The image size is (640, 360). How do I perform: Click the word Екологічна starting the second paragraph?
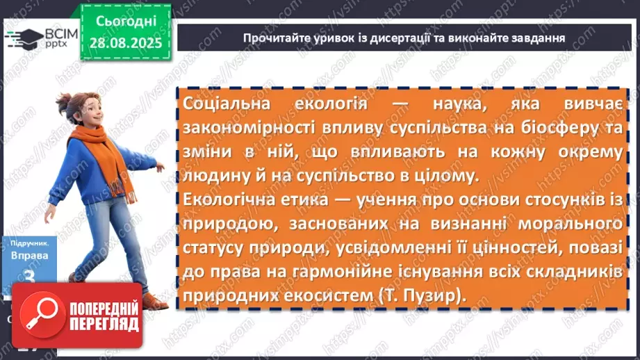tap(228, 201)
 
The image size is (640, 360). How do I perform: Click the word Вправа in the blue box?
tap(29, 256)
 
